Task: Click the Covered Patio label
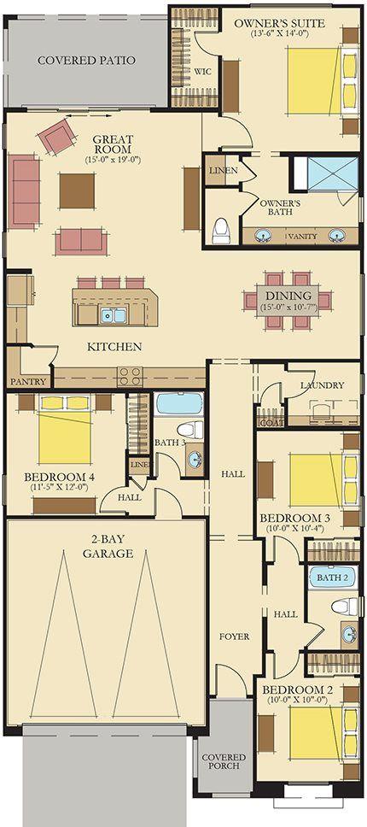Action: [86, 60]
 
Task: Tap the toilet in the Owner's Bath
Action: [220, 231]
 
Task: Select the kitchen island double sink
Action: [114, 316]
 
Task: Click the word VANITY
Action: [303, 237]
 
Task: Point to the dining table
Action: [288, 301]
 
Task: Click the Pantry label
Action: [27, 381]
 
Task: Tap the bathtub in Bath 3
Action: [179, 404]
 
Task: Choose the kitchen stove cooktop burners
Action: [131, 377]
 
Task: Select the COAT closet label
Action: [271, 423]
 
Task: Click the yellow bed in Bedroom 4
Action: [65, 430]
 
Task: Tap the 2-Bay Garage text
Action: [107, 547]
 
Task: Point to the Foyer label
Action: [235, 636]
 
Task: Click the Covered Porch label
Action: [224, 761]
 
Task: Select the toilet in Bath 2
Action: [344, 607]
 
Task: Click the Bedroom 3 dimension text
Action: [294, 528]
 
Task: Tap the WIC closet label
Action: [203, 72]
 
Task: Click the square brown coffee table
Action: [77, 191]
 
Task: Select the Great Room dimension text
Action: [113, 159]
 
